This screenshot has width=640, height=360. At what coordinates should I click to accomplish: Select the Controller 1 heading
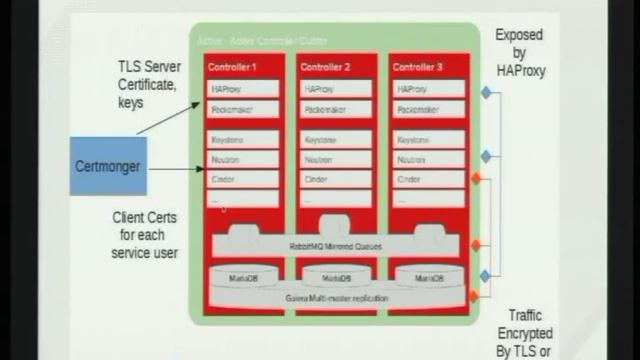(232, 68)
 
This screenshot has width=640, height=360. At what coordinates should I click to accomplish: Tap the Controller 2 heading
(326, 68)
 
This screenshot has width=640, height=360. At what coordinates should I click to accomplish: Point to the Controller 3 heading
(418, 68)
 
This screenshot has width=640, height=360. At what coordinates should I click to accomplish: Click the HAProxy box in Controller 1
(243, 89)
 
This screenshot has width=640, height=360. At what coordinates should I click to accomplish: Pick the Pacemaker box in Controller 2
(336, 109)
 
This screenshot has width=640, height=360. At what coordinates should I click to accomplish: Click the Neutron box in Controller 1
(243, 160)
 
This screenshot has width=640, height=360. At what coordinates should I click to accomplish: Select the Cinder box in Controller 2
(336, 179)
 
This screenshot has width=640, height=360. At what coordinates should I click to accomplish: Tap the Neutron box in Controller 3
(428, 160)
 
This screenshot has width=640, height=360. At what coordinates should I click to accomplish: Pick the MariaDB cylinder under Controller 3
(428, 277)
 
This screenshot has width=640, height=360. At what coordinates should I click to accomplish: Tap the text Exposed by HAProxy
(520, 54)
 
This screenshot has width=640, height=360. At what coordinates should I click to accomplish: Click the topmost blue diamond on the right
(486, 92)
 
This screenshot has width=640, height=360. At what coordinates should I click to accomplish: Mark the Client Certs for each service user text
(144, 234)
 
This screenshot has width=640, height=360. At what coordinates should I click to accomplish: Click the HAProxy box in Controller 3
(428, 89)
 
